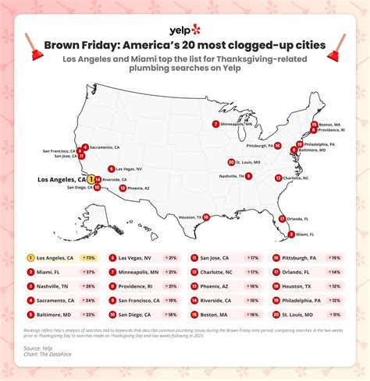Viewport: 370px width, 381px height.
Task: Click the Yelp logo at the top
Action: [x=184, y=30]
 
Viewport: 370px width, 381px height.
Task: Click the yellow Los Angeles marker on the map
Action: [x=91, y=179]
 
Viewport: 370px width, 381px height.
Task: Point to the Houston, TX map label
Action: [x=190, y=217]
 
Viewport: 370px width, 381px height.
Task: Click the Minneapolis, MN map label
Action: [x=237, y=123]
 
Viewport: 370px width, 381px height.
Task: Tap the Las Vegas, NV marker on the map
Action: [x=112, y=168]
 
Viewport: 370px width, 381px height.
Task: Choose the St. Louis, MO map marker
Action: [x=231, y=162]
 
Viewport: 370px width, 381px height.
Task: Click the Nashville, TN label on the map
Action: [x=231, y=176]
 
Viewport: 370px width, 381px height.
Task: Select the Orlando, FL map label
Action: [x=297, y=218]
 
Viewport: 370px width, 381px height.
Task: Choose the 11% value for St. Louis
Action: [x=335, y=314]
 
